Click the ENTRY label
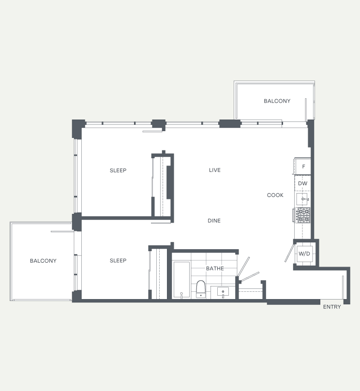(x=332, y=307)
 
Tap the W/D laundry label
(x=304, y=254)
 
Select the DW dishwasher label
(x=302, y=183)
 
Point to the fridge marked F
(x=302, y=166)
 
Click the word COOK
(x=275, y=195)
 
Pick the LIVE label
(x=215, y=170)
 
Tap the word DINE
(x=214, y=221)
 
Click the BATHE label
(x=215, y=268)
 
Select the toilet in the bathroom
(x=201, y=289)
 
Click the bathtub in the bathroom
(x=181, y=280)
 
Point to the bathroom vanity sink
(x=223, y=292)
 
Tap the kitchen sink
(x=302, y=199)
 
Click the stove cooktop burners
(x=303, y=215)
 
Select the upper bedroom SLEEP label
(x=118, y=170)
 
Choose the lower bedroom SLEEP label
(x=118, y=260)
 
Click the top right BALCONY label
(x=277, y=101)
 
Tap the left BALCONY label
(x=43, y=261)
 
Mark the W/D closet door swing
(x=290, y=253)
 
